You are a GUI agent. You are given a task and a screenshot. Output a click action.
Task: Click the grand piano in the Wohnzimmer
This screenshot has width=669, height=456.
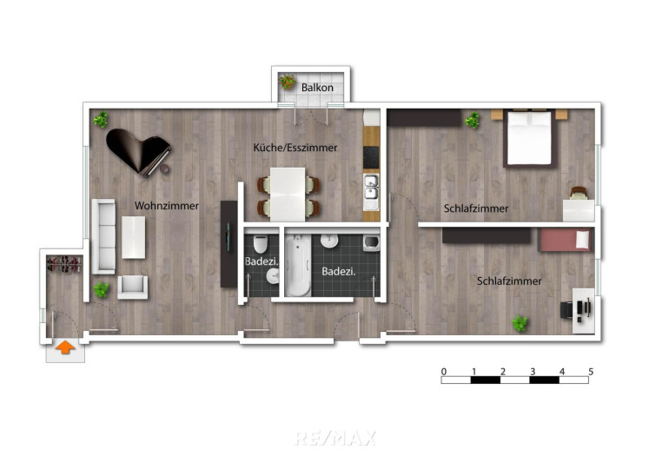click(x=137, y=151)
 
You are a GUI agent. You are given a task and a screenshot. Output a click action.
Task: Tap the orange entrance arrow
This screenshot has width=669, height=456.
click(x=65, y=347)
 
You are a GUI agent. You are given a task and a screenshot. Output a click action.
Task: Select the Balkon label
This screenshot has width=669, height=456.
click(x=317, y=88)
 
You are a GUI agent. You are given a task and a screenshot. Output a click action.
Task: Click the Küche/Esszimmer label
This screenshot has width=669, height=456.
click(x=295, y=148)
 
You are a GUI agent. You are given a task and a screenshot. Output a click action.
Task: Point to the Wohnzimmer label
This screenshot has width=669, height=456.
click(x=167, y=206)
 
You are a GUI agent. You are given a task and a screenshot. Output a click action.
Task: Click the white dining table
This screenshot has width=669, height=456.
click(x=288, y=194)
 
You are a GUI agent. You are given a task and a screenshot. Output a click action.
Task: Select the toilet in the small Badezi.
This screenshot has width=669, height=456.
click(x=260, y=244)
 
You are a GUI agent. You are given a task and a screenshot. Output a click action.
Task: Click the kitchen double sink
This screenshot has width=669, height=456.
click(x=371, y=192)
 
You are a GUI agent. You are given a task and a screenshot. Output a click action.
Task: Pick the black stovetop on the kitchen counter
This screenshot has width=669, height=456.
click(x=371, y=157)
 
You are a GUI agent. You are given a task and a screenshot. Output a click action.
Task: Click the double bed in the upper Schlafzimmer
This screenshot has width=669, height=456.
click(x=529, y=138)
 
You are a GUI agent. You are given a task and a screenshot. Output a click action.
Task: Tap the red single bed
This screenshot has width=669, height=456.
click(x=565, y=240)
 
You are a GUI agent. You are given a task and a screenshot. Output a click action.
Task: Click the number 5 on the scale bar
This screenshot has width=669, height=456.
click(x=591, y=372)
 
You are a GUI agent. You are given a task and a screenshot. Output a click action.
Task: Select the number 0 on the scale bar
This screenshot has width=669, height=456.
click(x=444, y=372)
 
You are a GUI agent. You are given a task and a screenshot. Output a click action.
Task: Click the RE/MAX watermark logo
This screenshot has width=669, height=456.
click(x=334, y=438)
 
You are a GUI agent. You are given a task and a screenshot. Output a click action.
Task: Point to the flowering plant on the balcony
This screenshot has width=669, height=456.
click(x=287, y=82)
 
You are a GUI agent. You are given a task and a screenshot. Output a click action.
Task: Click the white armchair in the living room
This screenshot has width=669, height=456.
click(x=133, y=287)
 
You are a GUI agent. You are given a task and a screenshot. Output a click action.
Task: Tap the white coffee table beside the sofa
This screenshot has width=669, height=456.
click(x=133, y=238)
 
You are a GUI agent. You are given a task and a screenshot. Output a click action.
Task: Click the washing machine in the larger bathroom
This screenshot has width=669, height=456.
click(x=371, y=243)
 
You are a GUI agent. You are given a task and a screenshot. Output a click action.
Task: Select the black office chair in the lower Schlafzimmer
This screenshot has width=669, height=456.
click(x=567, y=309)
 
